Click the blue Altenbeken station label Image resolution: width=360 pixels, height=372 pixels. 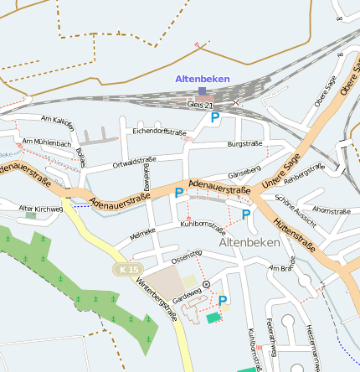click(202, 79)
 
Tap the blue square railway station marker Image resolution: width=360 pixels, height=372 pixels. click(203, 90)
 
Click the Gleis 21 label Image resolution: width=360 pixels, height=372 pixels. click(201, 105)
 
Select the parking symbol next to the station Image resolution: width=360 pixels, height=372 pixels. click(215, 118)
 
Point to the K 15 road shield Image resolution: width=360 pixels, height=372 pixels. click(125, 269)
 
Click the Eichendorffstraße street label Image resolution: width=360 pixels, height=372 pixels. click(159, 132)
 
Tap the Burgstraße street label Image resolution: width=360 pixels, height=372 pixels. click(244, 144)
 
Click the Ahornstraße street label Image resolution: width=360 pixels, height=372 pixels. click(331, 210)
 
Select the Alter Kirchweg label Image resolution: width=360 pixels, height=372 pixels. click(41, 208)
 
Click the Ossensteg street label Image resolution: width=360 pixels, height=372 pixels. click(186, 253)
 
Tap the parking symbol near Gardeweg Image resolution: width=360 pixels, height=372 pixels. click(223, 300)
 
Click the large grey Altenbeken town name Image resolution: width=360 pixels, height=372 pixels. click(249, 241)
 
